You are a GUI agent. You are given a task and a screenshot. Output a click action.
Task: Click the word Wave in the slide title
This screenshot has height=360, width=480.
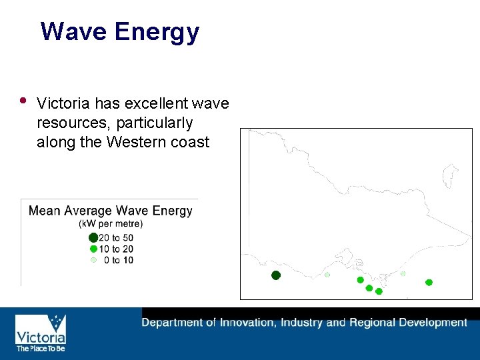click(x=73, y=31)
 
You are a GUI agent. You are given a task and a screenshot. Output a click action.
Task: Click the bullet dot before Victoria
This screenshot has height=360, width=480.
click(x=23, y=101)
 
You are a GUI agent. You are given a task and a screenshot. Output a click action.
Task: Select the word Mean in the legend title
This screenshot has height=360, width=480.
click(x=44, y=211)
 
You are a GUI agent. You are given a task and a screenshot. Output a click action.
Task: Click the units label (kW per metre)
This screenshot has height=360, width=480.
click(x=111, y=224)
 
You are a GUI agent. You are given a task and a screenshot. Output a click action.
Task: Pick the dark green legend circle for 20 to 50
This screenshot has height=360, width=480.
click(x=93, y=237)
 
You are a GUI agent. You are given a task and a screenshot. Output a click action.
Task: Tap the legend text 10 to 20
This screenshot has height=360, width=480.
click(x=116, y=249)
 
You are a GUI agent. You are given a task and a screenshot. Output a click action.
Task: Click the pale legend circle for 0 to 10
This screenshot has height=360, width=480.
click(x=93, y=260)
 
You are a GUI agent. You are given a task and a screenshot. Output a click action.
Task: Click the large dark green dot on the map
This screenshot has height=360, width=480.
click(x=276, y=275)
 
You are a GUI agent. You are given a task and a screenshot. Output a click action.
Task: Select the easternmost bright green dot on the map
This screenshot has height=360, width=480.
click(x=429, y=283)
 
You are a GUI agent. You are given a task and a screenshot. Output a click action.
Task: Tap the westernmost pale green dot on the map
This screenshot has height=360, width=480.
click(x=327, y=275)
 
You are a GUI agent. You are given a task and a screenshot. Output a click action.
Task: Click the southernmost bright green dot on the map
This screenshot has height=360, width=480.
click(x=379, y=291)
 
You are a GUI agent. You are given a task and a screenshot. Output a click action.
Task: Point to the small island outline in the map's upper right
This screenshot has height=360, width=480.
click(x=451, y=175)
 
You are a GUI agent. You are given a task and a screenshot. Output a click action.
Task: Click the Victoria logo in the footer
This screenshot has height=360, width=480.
click(x=41, y=329)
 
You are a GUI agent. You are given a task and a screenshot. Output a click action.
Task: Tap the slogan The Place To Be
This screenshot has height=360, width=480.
click(x=41, y=348)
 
